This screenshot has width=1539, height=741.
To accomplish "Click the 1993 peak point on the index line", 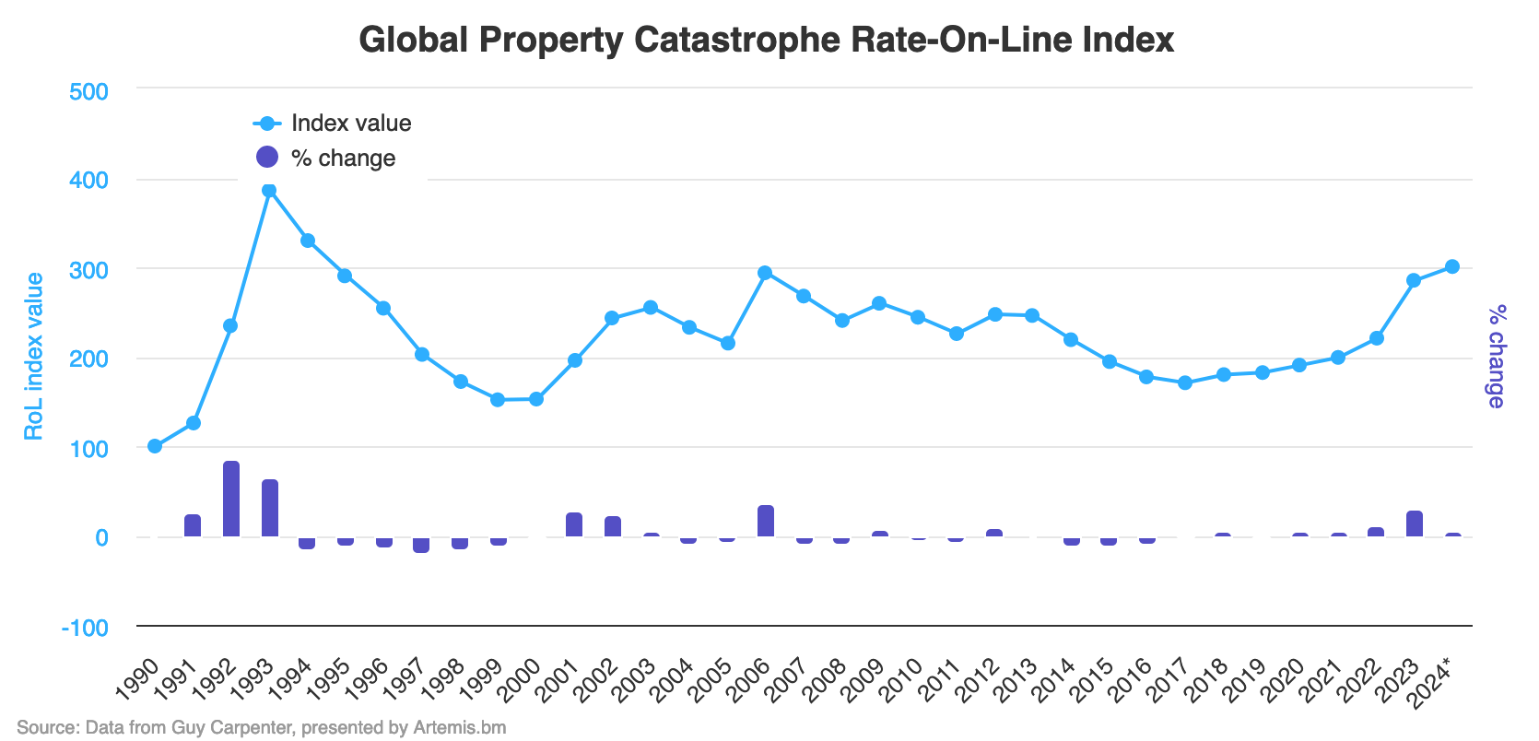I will [x=269, y=191].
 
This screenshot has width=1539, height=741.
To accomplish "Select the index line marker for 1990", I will [x=155, y=446].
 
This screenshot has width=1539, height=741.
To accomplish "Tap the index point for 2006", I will [x=765, y=273].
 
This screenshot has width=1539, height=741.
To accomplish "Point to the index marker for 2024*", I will [x=1452, y=266].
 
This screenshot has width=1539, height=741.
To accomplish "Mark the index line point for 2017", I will [x=1185, y=382].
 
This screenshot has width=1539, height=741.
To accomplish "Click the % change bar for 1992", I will [x=231, y=500].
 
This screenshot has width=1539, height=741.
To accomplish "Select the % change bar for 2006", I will [x=766, y=522].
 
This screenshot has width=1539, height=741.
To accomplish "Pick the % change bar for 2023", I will [x=1415, y=524].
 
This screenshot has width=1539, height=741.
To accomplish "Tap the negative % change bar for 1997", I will [x=421, y=545].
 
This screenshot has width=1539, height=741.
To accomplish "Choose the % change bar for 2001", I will [x=574, y=525].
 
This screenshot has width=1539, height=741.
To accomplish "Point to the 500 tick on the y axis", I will [x=89, y=91].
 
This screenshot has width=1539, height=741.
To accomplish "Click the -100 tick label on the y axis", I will [x=85, y=628].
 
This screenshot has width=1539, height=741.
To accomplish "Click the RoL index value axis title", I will [x=34, y=357].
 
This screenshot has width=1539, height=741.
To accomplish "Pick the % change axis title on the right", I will [x=1496, y=357].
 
